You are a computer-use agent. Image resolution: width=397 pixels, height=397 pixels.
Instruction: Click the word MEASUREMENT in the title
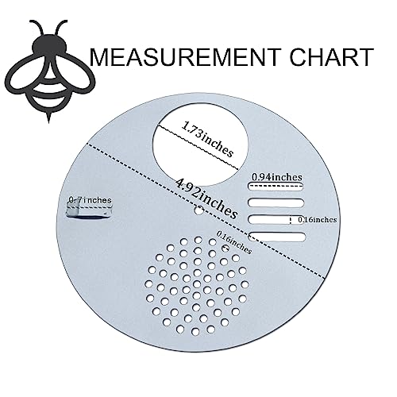(x=185, y=57)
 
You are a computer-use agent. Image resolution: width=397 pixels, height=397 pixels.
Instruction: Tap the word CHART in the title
(x=331, y=57)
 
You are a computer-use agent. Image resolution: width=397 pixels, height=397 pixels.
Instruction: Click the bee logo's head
(x=50, y=46)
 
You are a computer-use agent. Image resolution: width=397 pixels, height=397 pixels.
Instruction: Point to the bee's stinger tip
(x=48, y=123)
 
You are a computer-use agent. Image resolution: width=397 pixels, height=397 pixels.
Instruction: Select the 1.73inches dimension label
(x=208, y=139)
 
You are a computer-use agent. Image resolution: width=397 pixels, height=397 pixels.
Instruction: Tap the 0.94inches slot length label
(x=276, y=177)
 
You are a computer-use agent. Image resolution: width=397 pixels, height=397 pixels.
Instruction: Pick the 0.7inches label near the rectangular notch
(x=90, y=199)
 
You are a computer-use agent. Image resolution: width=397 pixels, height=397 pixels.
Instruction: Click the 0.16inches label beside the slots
(x=318, y=219)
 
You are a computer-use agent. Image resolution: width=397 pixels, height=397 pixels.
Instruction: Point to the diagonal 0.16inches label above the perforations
(x=234, y=242)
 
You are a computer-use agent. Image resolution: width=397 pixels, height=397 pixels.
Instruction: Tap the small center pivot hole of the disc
(x=199, y=211)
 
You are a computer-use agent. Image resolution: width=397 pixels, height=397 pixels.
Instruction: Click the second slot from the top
(x=276, y=202)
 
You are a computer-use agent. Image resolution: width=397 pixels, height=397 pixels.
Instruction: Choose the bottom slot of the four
(x=277, y=237)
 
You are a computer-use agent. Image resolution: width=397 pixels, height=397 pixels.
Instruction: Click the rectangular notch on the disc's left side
(x=89, y=211)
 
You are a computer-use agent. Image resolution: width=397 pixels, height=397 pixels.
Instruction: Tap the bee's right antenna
(x=61, y=29)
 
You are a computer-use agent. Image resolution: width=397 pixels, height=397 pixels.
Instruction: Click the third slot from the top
(x=276, y=219)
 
